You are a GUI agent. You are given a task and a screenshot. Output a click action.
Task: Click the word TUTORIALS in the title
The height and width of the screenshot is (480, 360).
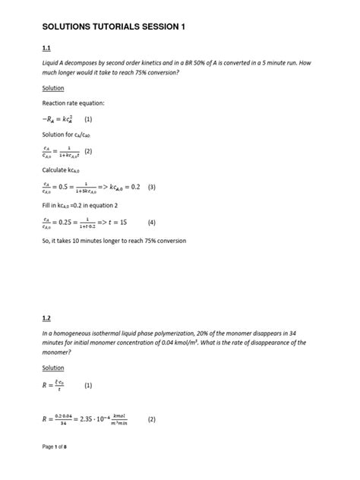[121, 27]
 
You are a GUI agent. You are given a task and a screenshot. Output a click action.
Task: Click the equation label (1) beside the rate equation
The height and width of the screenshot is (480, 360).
[88, 119]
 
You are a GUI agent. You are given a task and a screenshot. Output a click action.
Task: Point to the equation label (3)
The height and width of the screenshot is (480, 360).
[152, 187]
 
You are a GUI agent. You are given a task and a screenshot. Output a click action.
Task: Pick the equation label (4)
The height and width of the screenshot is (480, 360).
[152, 223]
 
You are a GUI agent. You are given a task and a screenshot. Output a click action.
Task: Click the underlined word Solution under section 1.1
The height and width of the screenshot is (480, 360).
[53, 88]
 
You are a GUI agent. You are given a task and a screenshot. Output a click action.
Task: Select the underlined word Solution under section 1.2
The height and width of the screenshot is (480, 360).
[53, 368]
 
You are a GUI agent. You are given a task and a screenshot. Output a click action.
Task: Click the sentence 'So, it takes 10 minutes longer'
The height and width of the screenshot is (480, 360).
[114, 241]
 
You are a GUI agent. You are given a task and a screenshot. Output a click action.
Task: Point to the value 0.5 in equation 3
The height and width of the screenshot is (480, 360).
[68, 187]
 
